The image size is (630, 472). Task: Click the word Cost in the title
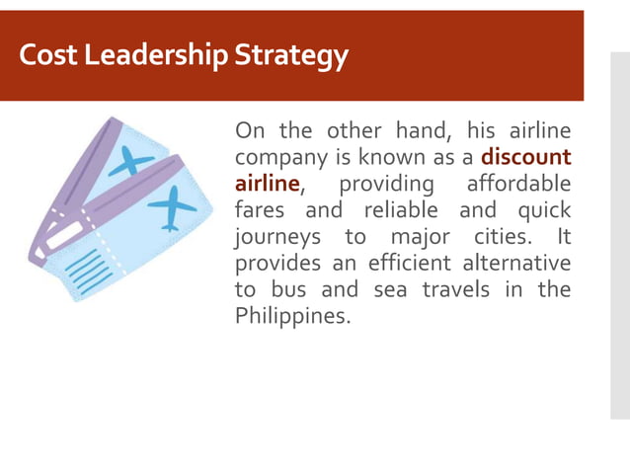45,57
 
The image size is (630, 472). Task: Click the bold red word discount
526,158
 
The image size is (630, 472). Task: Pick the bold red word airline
267,185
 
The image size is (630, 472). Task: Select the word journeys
277,238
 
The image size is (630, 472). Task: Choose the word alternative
518,264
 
